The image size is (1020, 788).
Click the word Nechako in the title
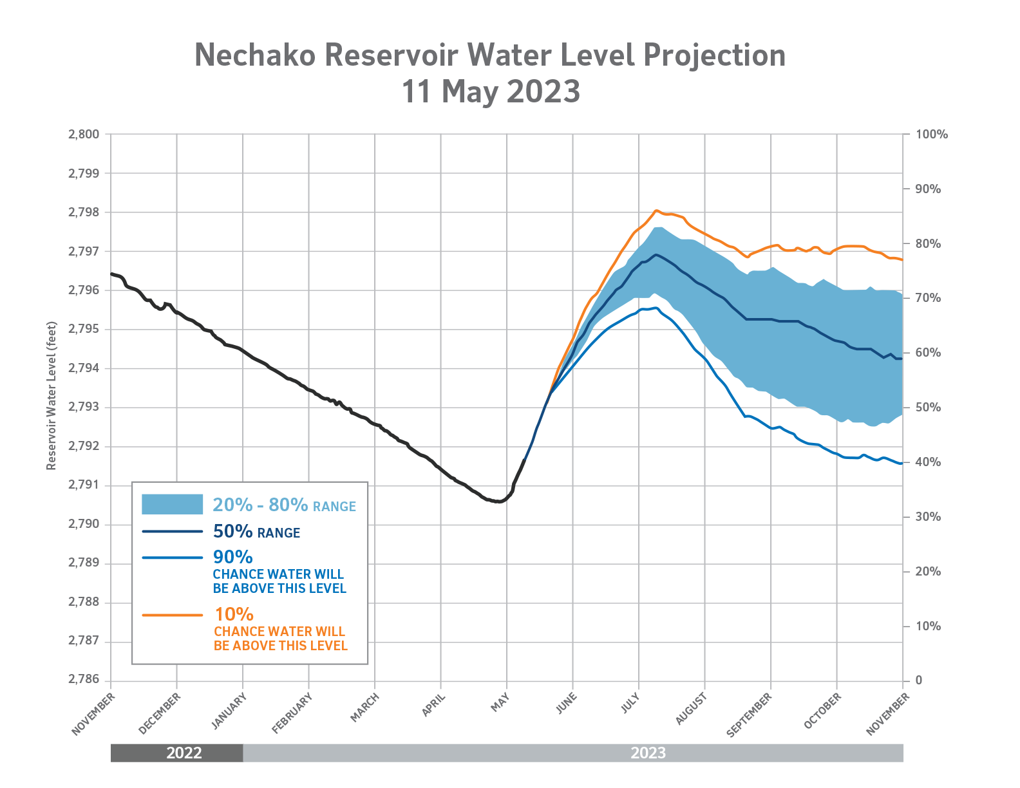click(x=255, y=55)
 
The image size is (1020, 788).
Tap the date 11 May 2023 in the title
click(x=491, y=91)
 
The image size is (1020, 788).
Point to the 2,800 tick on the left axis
click(x=84, y=135)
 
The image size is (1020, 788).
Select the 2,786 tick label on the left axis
click(x=84, y=680)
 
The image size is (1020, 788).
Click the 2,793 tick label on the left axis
click(x=84, y=408)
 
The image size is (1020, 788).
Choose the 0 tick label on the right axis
click(x=919, y=680)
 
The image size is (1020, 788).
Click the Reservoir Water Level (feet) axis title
click(x=52, y=396)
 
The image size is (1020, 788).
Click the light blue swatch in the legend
click(x=172, y=504)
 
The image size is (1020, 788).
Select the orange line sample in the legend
click(x=172, y=615)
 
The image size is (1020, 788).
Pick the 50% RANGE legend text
click(x=256, y=532)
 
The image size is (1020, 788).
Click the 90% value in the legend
click(x=232, y=557)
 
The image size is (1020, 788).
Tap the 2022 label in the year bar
click(x=184, y=753)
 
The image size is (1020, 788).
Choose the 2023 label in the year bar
click(x=648, y=753)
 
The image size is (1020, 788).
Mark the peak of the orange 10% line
click(x=656, y=210)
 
